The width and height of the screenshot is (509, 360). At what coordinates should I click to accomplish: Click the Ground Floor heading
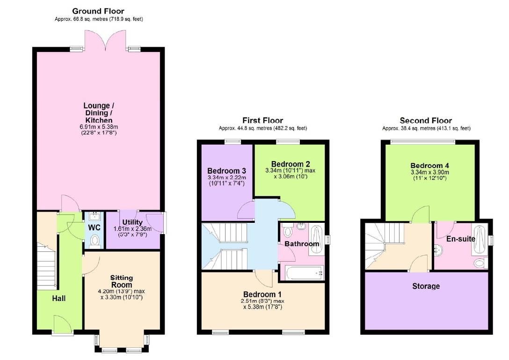[x=98, y=11]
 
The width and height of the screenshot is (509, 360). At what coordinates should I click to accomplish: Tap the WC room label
[x=95, y=228]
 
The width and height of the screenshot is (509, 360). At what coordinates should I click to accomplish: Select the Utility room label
[x=132, y=222]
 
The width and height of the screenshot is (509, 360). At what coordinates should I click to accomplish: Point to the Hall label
[x=59, y=298]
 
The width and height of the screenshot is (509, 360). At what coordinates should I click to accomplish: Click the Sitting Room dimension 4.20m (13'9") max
[x=122, y=291]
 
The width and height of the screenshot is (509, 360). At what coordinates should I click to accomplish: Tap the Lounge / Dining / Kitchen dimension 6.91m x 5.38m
[x=99, y=127]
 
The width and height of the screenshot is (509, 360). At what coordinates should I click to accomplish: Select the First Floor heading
[x=262, y=120]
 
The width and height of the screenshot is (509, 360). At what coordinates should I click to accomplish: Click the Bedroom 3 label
[x=226, y=171]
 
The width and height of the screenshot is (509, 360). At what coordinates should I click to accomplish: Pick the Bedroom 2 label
[x=291, y=164]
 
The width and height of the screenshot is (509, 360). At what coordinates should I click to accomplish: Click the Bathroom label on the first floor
[x=302, y=244]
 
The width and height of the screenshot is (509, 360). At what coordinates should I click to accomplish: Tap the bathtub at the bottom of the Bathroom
[x=304, y=273]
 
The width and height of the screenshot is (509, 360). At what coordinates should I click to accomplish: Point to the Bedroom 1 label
[x=262, y=294]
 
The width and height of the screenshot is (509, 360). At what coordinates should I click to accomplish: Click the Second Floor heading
[x=426, y=120]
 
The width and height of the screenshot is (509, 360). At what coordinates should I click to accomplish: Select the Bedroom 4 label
[x=430, y=166]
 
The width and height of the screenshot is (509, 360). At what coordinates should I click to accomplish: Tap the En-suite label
[x=461, y=239]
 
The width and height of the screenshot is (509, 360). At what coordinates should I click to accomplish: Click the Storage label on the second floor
[x=426, y=286]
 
